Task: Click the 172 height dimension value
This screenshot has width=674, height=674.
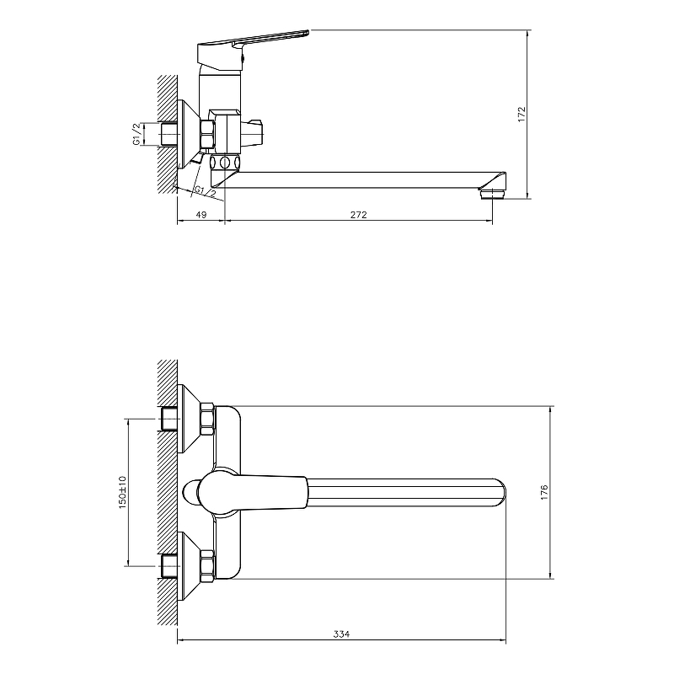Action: [x=522, y=115]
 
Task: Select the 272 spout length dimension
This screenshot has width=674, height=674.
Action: [x=359, y=215]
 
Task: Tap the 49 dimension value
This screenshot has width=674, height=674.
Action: [x=201, y=215]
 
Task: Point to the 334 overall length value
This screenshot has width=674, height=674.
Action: [x=341, y=634]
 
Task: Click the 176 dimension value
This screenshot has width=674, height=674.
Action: [x=544, y=492]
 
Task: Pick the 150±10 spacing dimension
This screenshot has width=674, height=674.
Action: [x=123, y=493]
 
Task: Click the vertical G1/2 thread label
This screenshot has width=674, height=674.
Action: [x=136, y=134]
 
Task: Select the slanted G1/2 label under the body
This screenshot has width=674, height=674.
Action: [x=205, y=192]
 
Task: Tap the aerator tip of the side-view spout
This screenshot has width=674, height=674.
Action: [x=493, y=194]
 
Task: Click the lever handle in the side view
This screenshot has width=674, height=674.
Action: [x=254, y=47]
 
